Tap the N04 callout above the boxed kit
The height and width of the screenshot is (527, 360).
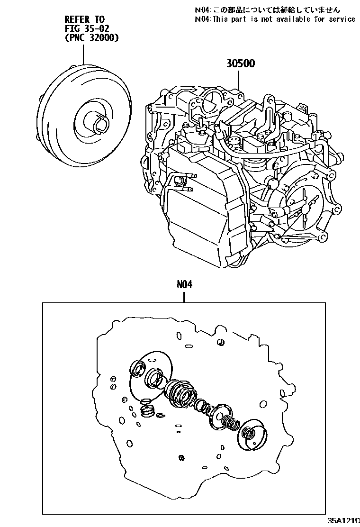[185, 284]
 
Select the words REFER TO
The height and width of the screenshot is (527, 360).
[84, 19]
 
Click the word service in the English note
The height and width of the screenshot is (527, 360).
[339, 19]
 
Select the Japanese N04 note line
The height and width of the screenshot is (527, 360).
[267, 9]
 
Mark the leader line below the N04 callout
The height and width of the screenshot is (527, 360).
[185, 296]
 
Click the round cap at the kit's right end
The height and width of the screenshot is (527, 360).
[253, 433]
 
